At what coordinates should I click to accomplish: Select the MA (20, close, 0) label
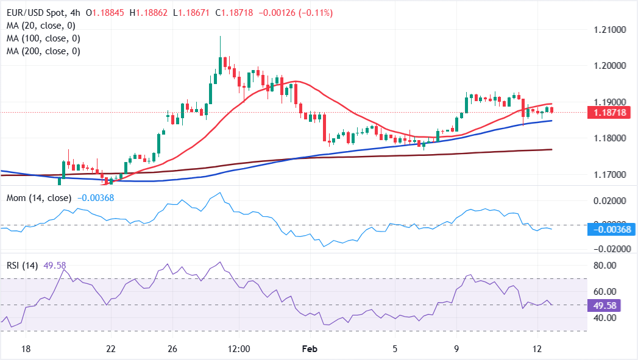(x=40, y=26)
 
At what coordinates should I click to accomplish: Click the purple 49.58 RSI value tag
(x=603, y=304)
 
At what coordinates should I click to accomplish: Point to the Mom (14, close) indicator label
(x=40, y=198)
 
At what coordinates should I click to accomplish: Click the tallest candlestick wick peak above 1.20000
(x=220, y=37)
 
